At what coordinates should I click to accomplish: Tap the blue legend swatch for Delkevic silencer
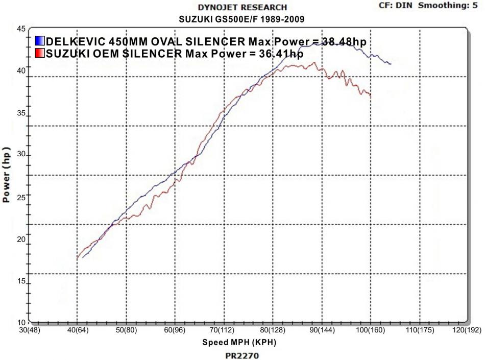pyautogui.click(x=40, y=41)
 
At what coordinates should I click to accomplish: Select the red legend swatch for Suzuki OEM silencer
pyautogui.click(x=40, y=53)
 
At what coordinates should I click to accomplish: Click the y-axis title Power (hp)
pyautogui.click(x=7, y=176)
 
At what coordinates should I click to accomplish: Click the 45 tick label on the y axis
pyautogui.click(x=21, y=29)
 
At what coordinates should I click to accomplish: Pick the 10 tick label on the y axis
pyautogui.click(x=21, y=322)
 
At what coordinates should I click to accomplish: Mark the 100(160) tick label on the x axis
pyautogui.click(x=370, y=330)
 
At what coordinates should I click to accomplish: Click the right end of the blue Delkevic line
pyautogui.click(x=391, y=64)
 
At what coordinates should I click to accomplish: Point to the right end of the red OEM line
pyautogui.click(x=371, y=95)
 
